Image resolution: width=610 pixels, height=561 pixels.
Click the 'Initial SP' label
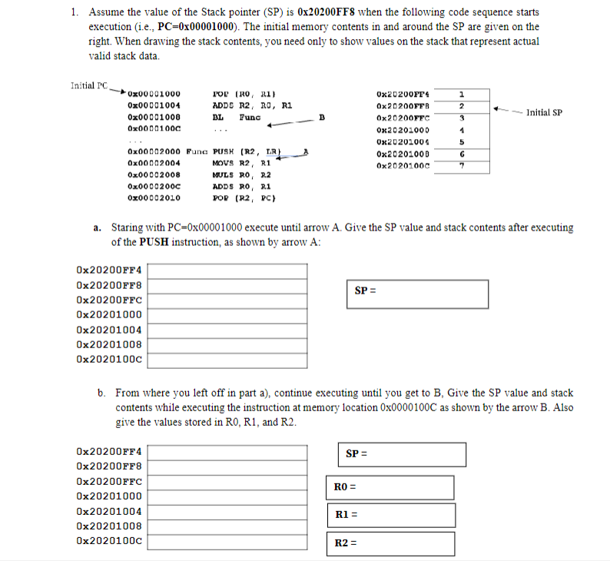coord(541,112)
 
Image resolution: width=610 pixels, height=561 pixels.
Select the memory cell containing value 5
coord(462,142)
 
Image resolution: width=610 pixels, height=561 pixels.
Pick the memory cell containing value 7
coord(462,167)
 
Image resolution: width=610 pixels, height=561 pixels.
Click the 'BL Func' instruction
coord(237,118)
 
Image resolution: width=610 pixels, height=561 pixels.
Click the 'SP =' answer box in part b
coord(402,454)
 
